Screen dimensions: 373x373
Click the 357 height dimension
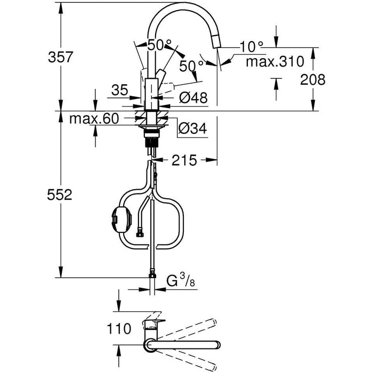(60, 58)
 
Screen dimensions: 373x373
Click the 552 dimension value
(60, 194)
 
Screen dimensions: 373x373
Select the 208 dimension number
(313, 79)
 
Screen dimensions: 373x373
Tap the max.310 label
(275, 62)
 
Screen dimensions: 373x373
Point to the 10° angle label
(251, 46)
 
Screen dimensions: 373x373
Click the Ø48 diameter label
(193, 98)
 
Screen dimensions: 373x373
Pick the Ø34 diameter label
(193, 129)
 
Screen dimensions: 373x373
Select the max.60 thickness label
(94, 118)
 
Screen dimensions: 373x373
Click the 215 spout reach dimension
(184, 160)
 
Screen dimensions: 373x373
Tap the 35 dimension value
(120, 90)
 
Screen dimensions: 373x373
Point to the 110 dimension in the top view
(119, 329)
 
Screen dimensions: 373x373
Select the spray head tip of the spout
(216, 42)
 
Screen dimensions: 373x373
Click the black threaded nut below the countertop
(151, 142)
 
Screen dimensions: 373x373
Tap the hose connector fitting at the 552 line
(152, 273)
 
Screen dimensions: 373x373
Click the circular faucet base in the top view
(150, 345)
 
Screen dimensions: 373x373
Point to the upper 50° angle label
(159, 45)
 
